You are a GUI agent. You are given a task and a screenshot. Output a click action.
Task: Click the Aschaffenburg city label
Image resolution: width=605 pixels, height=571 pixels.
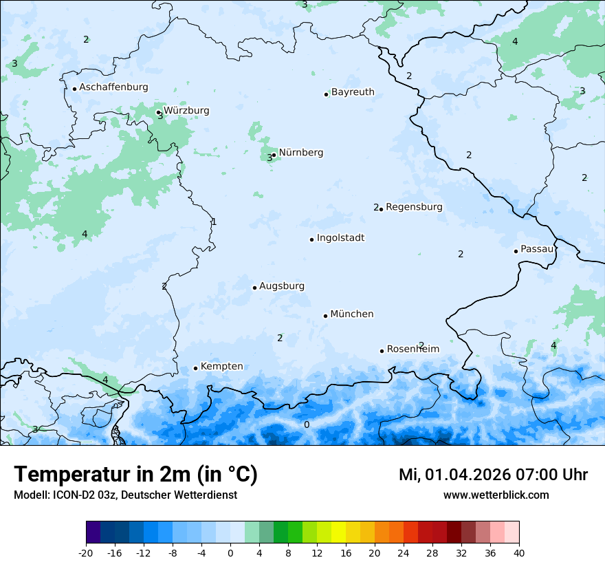tap(113, 87)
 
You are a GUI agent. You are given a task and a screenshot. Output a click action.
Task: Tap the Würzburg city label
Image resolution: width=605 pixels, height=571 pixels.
tap(186, 111)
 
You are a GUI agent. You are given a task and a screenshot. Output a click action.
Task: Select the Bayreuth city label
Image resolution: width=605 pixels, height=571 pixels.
tap(353, 92)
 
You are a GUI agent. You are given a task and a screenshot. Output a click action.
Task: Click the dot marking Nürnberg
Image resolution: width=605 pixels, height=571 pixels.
tap(274, 155)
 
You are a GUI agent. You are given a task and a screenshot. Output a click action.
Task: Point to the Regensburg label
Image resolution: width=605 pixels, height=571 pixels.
tap(414, 207)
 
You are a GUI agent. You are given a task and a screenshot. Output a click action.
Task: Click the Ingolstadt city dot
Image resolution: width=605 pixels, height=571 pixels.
tap(311, 239)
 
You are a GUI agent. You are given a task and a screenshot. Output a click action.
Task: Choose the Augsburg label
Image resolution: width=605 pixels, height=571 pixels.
tap(282, 286)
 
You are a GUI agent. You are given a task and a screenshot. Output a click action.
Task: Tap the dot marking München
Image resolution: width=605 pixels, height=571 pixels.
tap(325, 316)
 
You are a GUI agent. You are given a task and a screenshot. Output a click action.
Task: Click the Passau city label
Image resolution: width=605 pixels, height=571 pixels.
tap(537, 249)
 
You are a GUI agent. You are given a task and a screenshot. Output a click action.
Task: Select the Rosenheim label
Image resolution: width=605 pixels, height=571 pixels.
tap(412, 349)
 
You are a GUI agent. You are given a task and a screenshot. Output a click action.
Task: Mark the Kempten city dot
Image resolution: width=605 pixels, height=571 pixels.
tap(195, 368)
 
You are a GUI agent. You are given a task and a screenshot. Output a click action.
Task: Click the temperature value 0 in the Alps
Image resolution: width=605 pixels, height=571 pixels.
tap(307, 424)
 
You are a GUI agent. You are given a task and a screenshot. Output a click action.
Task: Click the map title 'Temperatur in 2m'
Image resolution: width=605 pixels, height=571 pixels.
tap(104, 475)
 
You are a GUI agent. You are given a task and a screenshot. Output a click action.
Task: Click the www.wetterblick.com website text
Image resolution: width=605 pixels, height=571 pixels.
tap(496, 495)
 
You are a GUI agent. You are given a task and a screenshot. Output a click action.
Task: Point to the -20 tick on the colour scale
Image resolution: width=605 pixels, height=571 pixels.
tap(86, 552)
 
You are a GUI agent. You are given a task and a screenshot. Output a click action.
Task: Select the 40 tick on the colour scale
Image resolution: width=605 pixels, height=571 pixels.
tap(518, 552)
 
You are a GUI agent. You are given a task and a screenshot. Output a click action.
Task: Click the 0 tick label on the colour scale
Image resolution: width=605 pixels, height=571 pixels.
tap(230, 552)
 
